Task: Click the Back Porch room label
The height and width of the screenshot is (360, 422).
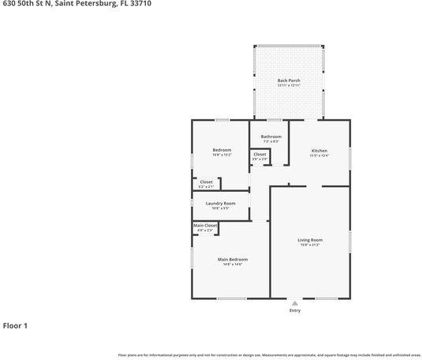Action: (289, 81)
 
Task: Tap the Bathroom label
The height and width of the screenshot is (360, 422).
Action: (271, 137)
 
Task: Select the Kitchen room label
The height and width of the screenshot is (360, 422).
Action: (319, 151)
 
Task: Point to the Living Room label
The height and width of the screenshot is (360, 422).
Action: (309, 240)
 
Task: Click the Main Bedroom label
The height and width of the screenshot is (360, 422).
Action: (232, 259)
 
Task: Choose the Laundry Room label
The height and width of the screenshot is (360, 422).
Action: (220, 203)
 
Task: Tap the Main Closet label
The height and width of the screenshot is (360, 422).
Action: (205, 226)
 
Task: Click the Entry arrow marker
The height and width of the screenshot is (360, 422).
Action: (294, 303)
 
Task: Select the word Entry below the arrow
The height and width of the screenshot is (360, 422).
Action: (294, 310)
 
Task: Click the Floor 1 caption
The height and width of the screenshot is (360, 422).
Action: (15, 325)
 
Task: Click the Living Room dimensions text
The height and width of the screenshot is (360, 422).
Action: (309, 245)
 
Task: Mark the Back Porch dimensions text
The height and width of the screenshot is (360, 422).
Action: (289, 85)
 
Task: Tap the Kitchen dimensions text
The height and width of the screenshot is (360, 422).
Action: (319, 156)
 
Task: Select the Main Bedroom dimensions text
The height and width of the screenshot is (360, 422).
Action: (232, 264)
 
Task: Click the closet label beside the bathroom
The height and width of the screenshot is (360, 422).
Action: (260, 155)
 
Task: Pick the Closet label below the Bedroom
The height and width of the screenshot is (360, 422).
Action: (206, 182)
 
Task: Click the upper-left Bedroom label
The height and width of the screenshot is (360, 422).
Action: (222, 150)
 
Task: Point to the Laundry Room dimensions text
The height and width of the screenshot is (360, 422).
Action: (220, 208)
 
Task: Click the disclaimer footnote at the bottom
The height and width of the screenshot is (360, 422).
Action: (269, 355)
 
